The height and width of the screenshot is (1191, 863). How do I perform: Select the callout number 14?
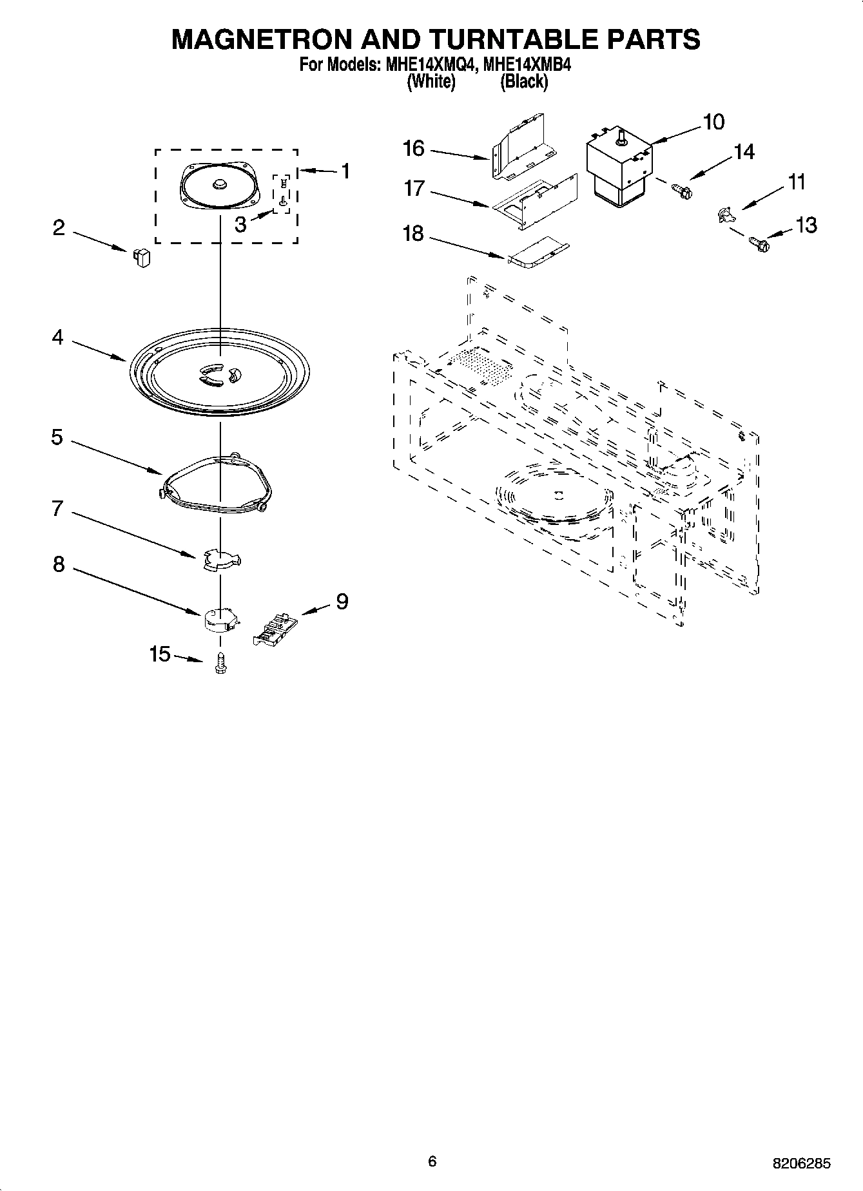coord(743,152)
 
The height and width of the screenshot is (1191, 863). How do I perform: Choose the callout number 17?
coord(414,189)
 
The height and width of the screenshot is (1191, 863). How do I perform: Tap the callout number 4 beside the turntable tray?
coord(58,337)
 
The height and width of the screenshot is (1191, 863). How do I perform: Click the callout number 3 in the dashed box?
coord(240,225)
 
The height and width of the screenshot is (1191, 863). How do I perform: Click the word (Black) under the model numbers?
coord(524,82)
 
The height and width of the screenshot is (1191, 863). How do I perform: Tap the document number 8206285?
coord(802,1164)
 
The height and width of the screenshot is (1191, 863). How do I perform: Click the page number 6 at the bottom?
coord(432,1161)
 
